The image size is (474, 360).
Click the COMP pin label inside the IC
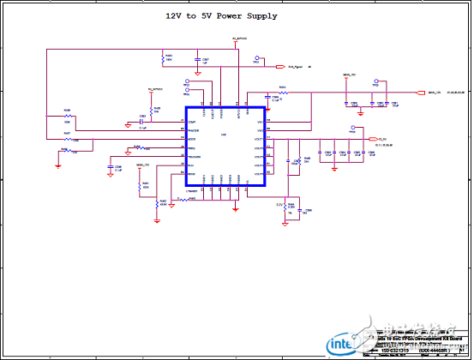pos(194,123)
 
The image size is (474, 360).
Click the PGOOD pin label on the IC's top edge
pos(220,112)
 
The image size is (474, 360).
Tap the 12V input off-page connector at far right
pos(420,93)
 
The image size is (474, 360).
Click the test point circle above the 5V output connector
pos(352,132)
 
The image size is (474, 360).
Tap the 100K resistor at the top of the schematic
pos(163,59)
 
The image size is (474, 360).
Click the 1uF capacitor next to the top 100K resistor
pos(196,63)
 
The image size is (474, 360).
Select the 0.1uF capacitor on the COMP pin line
pos(141,123)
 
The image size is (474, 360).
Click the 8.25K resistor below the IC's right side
pos(290,204)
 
